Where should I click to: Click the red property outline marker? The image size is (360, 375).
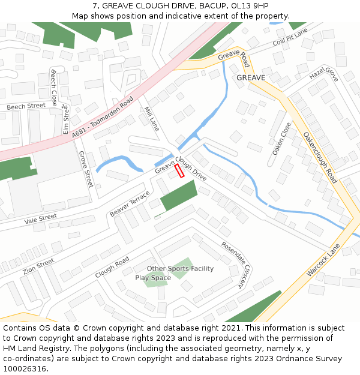tap(179, 171)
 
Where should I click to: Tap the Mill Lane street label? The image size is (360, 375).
tap(151, 119)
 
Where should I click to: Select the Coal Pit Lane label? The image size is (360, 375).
tap(289, 37)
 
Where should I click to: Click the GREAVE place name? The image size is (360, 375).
tap(251, 78)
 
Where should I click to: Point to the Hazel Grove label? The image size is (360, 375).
tap(324, 75)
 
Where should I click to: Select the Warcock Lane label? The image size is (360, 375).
tap(323, 260)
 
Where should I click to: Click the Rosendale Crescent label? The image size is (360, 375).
tap(234, 265)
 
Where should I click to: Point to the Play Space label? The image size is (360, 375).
tap(153, 278)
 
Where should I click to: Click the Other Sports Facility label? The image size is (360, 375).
tap(180, 268)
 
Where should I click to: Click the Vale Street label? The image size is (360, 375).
tap(40, 218)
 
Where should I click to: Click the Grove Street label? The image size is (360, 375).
tap(86, 169)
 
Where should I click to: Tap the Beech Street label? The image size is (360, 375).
tap(26, 106)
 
